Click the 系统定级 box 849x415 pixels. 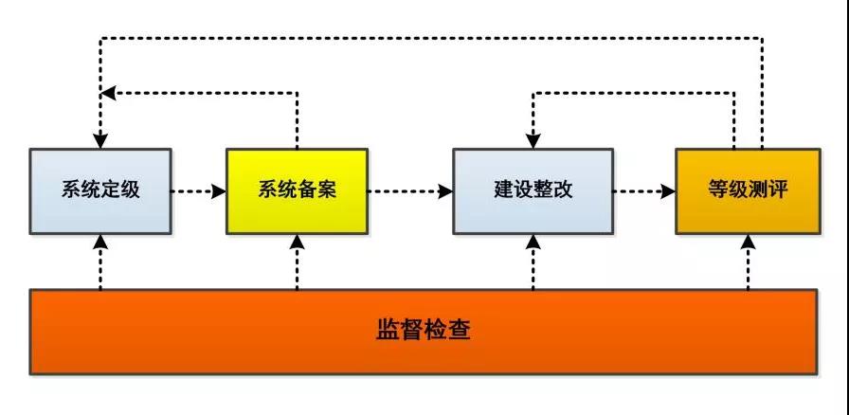point(100,189)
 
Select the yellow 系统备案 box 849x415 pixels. point(297,190)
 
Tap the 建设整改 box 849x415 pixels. point(533,190)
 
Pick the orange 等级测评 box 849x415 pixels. point(748,190)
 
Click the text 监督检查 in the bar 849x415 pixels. point(424,332)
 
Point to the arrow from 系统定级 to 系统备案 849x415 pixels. point(198,190)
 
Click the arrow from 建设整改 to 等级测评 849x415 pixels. point(643,190)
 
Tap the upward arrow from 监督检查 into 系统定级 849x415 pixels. point(100,261)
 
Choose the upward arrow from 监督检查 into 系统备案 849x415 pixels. point(297,261)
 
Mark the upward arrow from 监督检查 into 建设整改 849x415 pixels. point(533,261)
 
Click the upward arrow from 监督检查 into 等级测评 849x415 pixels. point(748,261)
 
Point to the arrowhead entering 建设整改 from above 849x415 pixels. point(533,140)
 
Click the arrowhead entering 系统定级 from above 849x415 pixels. point(100,140)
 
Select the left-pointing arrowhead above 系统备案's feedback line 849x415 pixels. point(109,92)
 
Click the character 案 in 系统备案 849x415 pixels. point(328,189)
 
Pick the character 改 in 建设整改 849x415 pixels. point(563,189)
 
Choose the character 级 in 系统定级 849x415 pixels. point(131,189)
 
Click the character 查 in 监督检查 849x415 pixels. point(461,332)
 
